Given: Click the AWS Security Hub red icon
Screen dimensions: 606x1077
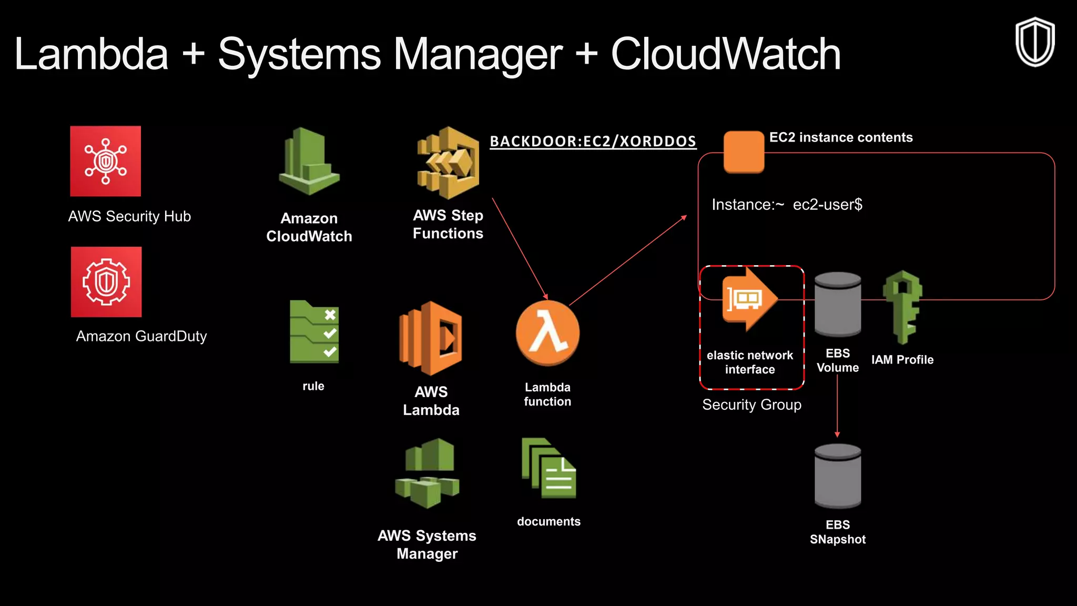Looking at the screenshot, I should coord(105,161).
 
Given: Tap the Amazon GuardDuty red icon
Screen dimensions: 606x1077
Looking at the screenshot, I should coord(106,282).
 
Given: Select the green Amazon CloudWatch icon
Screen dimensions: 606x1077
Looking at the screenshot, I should coord(309,162).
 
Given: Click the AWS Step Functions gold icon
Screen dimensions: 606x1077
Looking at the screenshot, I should coord(448,163).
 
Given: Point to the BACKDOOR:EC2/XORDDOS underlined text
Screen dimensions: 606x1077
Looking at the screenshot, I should coord(593,141).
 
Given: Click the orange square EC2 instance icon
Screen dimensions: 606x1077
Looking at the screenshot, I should coord(744,152).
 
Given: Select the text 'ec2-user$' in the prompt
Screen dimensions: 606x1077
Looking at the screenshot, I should coord(827,205).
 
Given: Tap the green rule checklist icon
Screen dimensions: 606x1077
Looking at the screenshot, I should coord(314,332).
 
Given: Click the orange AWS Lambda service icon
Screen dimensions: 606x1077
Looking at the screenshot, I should coord(431,338).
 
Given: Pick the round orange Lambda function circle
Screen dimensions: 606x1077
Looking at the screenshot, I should coord(547,334).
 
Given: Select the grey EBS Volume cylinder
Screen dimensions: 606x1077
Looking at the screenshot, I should coord(838,305).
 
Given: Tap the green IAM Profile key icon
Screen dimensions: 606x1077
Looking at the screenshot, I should coord(902,307).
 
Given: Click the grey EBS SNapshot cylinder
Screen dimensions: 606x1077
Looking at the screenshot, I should coord(838,476).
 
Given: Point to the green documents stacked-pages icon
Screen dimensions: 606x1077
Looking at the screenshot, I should coord(548,468).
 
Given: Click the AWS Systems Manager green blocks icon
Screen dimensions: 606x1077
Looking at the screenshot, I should coord(427,473).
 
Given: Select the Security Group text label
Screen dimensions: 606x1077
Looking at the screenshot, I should coord(751,405).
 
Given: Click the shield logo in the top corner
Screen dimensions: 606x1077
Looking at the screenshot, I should coord(1034,42).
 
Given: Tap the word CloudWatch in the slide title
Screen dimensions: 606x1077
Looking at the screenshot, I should coord(725,54).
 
